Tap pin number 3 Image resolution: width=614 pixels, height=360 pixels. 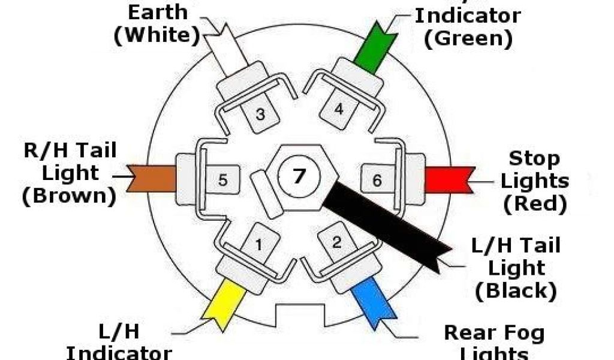260,113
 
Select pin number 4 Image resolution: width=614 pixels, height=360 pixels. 339,110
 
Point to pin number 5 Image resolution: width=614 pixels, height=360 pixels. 222,179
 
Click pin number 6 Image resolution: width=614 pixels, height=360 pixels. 377,179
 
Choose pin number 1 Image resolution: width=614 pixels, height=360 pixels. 259,244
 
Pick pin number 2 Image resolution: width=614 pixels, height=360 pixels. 337,242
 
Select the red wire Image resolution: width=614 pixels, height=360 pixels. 449,179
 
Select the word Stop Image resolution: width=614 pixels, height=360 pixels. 534,159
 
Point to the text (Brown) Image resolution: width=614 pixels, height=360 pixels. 69,197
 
